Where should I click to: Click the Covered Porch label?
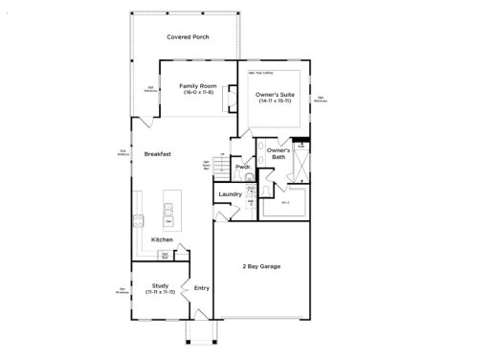coord(188,37)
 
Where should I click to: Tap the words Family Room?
coord(196,86)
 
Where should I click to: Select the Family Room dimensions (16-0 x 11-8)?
coord(196,93)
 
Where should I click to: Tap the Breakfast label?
coord(158,154)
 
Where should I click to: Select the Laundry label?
coord(230,194)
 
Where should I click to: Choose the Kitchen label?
coord(162,239)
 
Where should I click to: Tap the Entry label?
coord(202,287)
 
